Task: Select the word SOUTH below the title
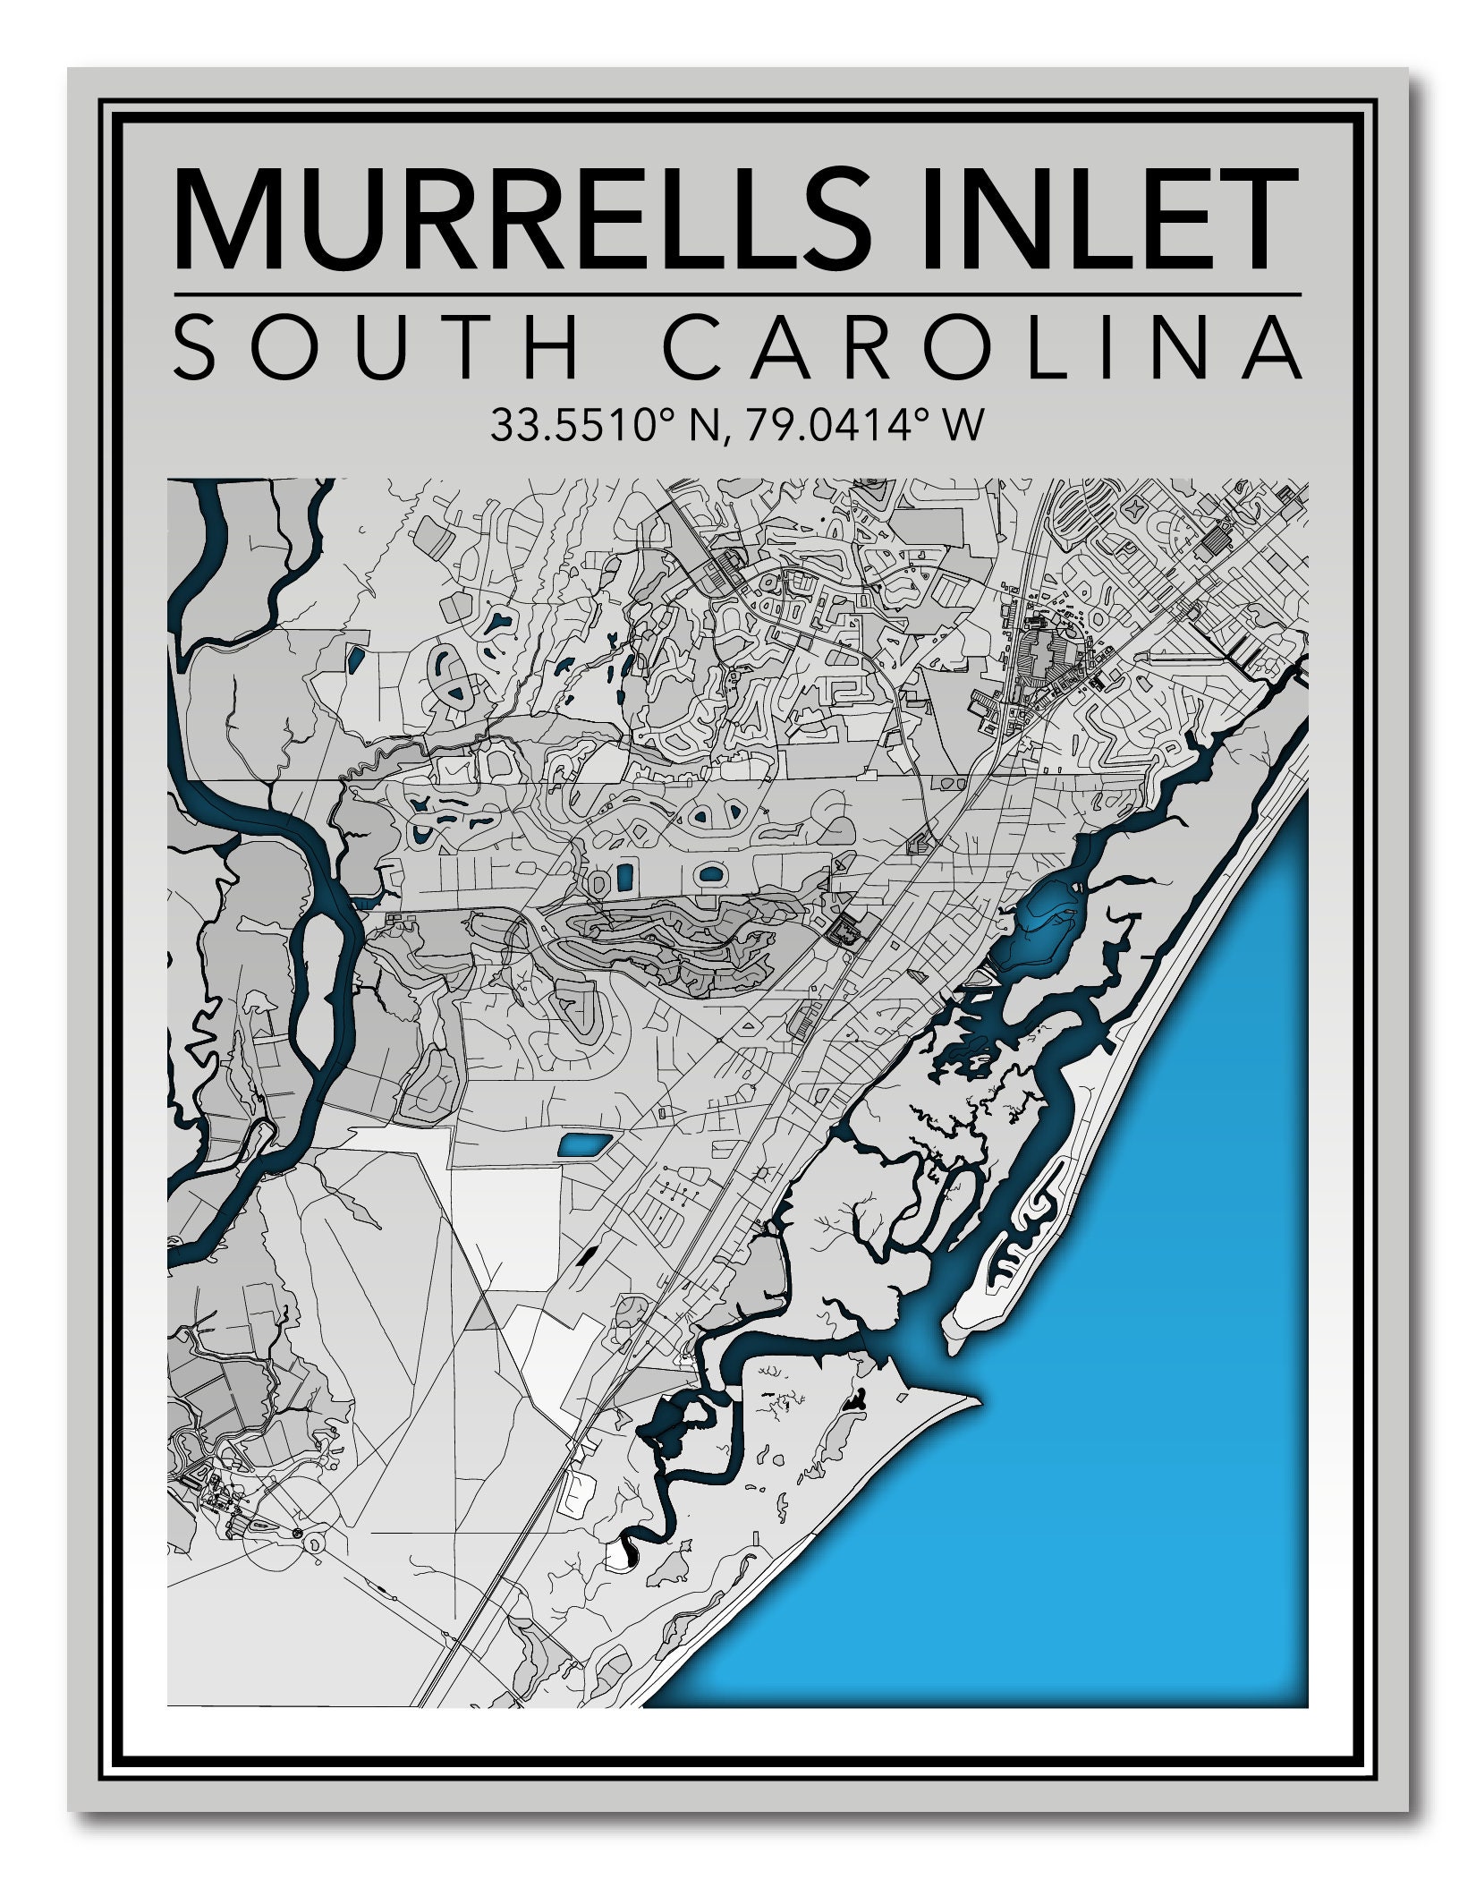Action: [376, 346]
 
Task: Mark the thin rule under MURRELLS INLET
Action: [737, 293]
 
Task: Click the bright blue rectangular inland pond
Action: [585, 1144]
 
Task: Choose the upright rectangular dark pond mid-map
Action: [623, 877]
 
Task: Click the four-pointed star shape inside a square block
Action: [1136, 509]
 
